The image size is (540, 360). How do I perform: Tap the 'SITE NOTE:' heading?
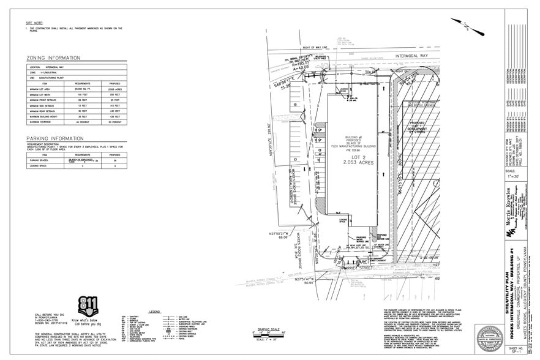pyautogui.click(x=36, y=22)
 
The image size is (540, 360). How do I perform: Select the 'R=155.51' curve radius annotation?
pyautogui.click(x=302, y=63)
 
